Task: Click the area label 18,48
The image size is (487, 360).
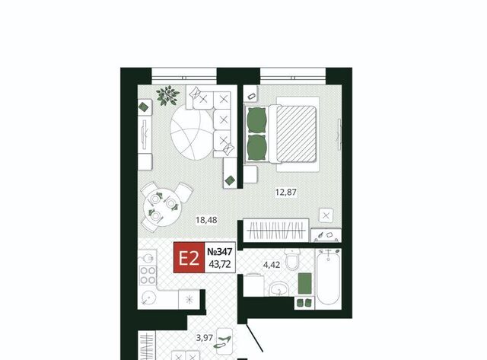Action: [206, 220]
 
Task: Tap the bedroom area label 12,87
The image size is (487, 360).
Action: [286, 193]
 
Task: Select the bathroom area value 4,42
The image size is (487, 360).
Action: [272, 265]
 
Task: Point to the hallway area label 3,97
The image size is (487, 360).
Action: [204, 337]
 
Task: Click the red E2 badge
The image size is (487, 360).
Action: [189, 257]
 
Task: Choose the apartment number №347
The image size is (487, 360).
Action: [220, 251]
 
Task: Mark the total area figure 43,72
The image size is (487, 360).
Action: [220, 264]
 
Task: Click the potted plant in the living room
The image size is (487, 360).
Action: [167, 95]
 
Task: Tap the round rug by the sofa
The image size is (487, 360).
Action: [192, 132]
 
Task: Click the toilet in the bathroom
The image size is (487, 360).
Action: [292, 260]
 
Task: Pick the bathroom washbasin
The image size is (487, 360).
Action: [279, 289]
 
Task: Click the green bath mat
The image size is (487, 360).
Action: [304, 283]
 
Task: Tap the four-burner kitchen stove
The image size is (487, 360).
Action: [148, 276]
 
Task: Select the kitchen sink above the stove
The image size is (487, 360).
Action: [148, 258]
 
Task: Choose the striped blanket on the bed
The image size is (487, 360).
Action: [296, 134]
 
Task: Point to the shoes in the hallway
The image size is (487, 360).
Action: [224, 341]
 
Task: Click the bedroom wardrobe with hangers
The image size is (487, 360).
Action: [275, 231]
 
